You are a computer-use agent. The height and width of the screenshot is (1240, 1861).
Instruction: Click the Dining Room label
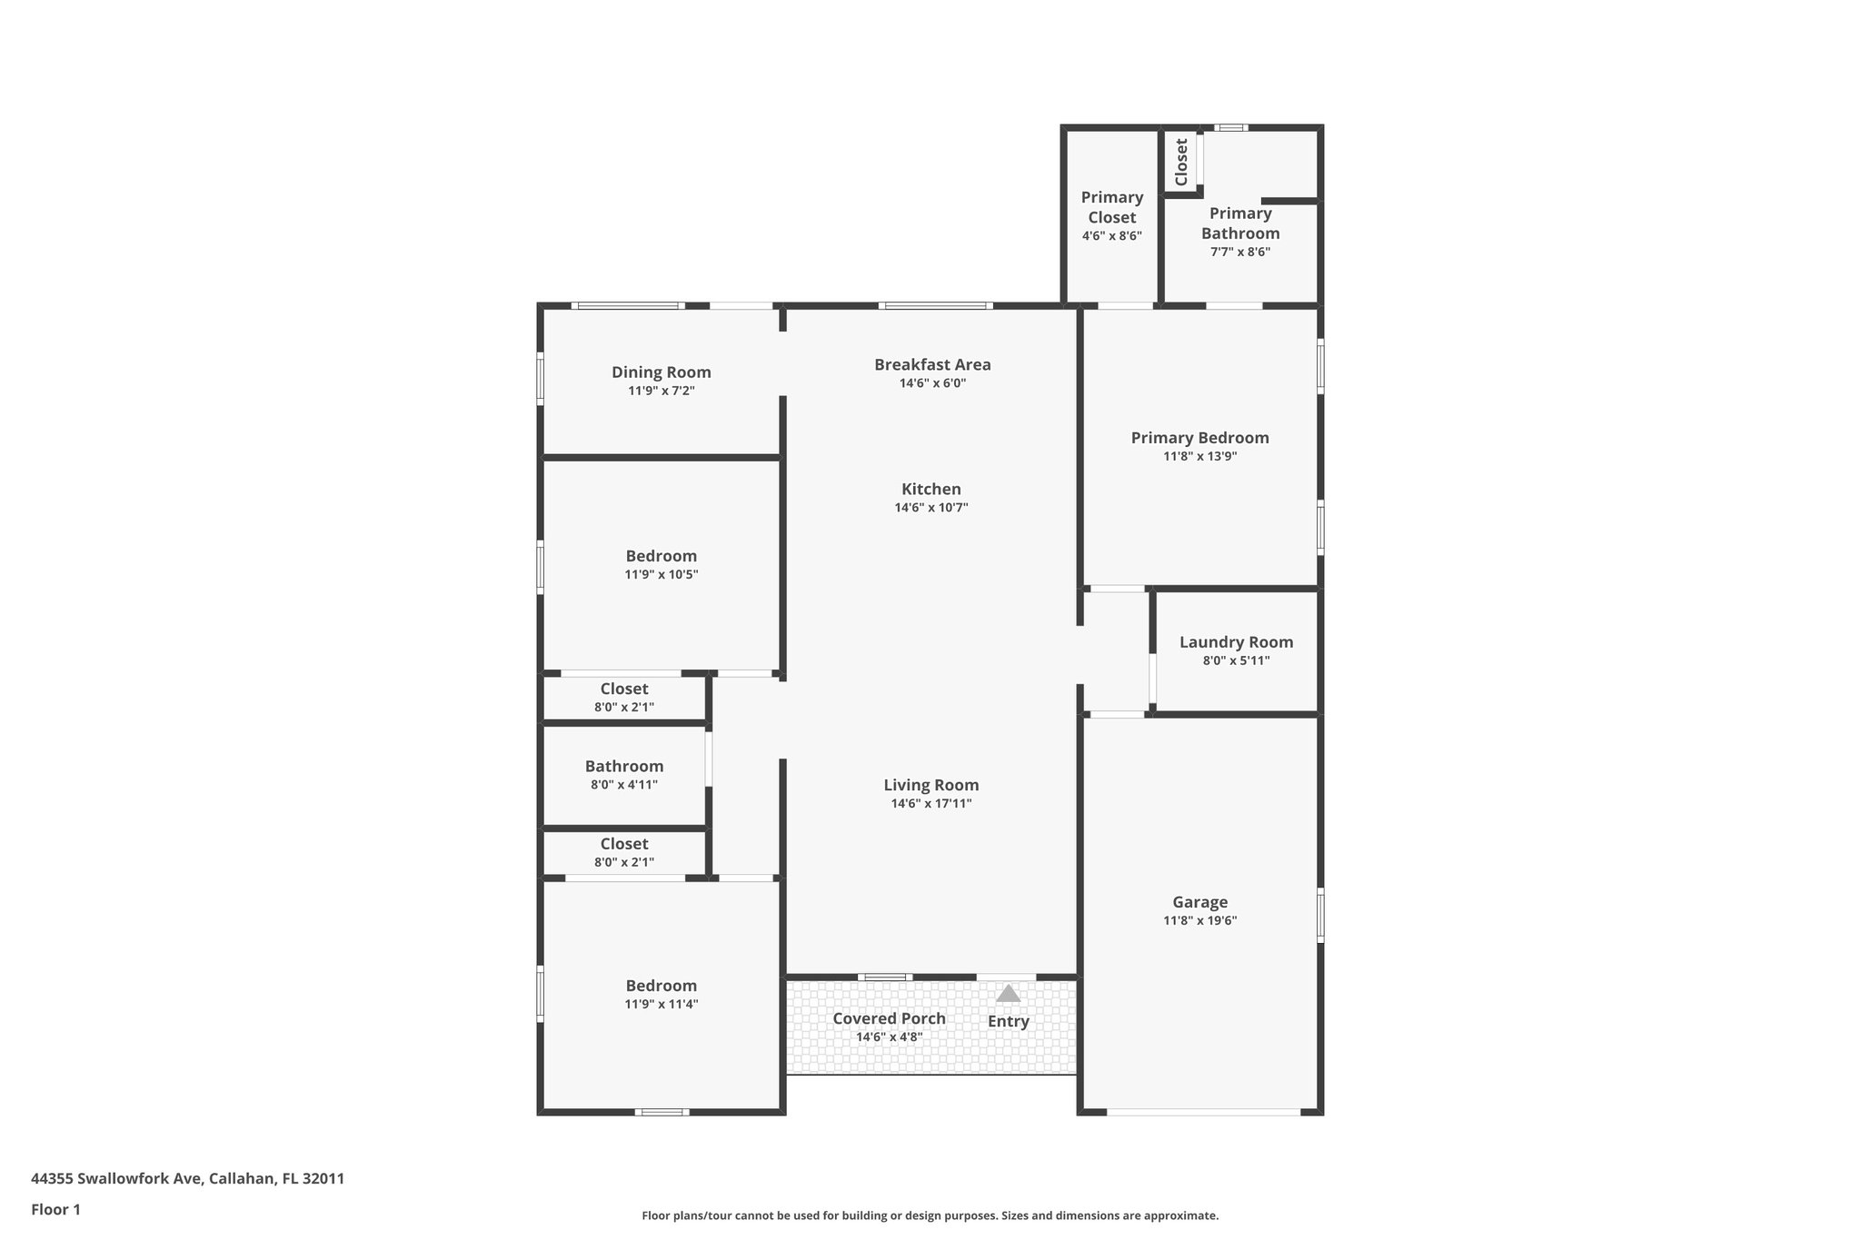coord(661,372)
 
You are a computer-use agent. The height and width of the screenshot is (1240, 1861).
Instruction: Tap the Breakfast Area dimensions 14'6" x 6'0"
coord(932,383)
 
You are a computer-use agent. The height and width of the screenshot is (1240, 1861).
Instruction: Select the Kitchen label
coord(930,489)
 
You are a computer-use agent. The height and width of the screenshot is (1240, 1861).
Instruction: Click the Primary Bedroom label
coord(1199,437)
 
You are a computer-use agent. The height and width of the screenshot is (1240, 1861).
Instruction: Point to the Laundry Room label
coord(1236,641)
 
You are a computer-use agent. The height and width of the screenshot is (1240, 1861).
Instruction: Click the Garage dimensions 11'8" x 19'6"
coord(1199,920)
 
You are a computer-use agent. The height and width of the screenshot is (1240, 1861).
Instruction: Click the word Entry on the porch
coord(1008,1021)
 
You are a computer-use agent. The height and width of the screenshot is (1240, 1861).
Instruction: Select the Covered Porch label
coord(889,1017)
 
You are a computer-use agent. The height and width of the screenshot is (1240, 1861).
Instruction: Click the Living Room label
coord(930,785)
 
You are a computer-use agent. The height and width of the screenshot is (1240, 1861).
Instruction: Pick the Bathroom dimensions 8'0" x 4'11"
coord(623,785)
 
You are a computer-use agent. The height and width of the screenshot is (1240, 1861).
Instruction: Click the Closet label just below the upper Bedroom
coord(623,689)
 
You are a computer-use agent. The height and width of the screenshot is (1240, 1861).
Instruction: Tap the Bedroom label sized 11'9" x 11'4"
coord(661,985)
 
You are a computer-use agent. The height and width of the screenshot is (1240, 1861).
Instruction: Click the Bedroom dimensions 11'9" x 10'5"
coord(661,574)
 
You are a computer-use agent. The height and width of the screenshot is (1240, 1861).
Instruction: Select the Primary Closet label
coord(1111,207)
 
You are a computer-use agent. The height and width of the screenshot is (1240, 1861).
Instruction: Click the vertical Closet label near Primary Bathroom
coord(1181,162)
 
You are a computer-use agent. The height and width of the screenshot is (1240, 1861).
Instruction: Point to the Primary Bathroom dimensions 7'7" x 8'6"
coord(1239,252)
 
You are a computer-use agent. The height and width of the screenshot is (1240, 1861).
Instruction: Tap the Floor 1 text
coord(55,1209)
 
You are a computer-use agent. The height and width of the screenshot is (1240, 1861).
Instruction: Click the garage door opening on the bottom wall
coord(1203,1111)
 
